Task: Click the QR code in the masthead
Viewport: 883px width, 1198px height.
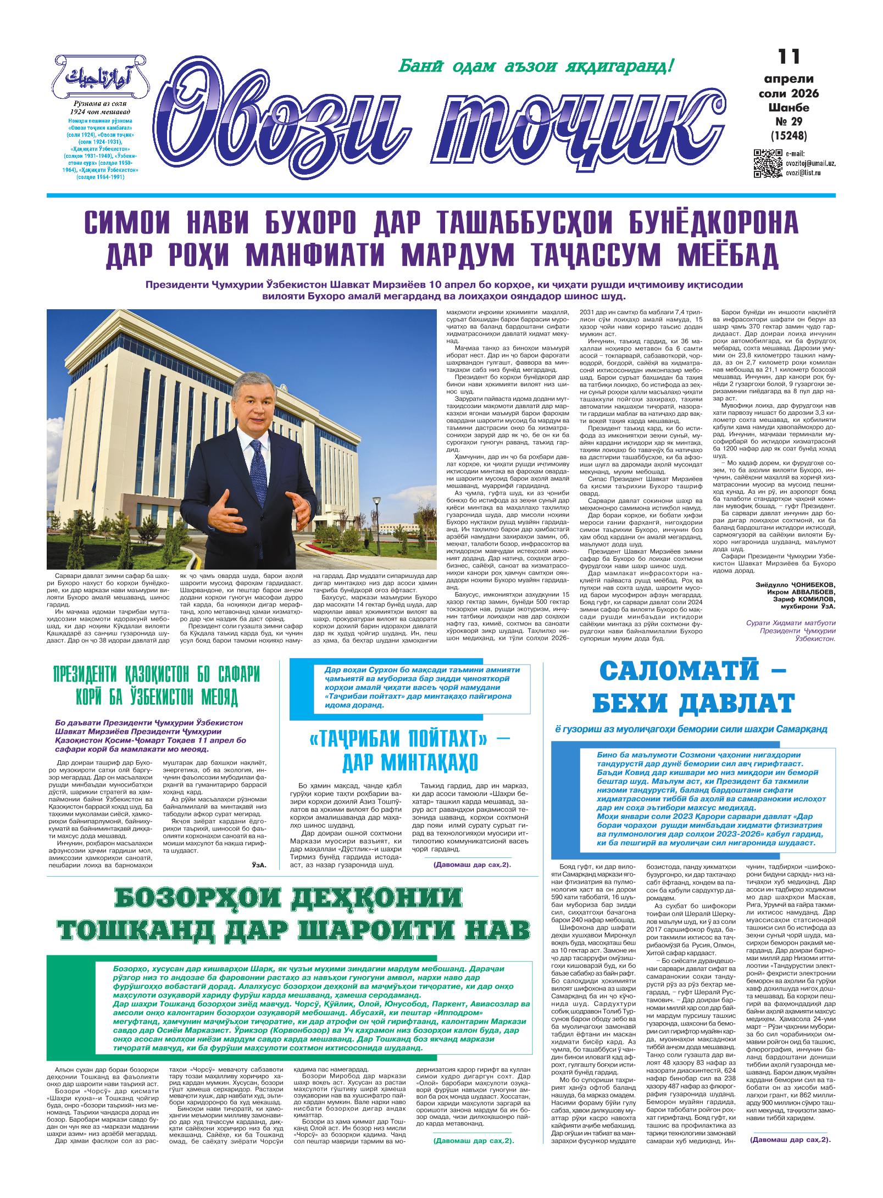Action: (767, 163)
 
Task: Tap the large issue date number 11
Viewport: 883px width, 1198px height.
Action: (788, 57)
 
